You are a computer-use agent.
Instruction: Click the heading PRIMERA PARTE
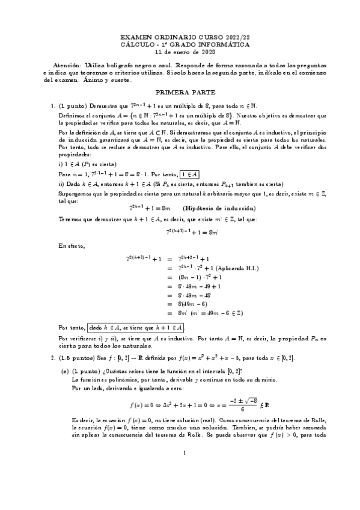coord(180,93)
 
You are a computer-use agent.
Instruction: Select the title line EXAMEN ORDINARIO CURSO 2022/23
coord(180,37)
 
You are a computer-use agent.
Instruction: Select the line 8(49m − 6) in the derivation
coord(198,304)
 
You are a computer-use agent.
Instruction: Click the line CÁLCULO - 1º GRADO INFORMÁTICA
coord(180,44)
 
